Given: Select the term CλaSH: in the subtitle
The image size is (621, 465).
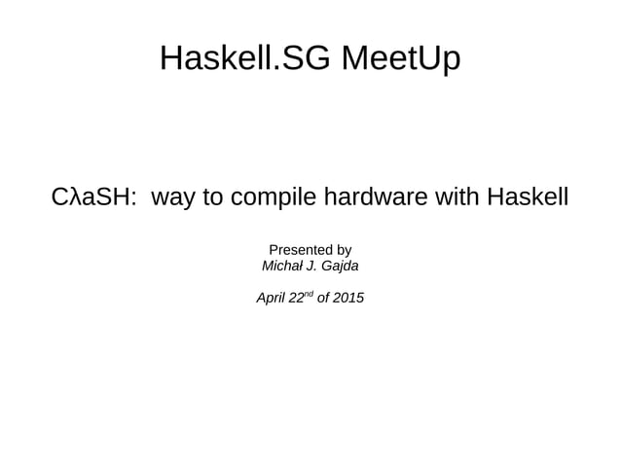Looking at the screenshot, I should (x=91, y=198).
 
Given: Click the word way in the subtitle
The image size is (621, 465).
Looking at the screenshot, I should (x=172, y=198).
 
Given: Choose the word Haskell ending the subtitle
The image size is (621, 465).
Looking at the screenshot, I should (x=527, y=198).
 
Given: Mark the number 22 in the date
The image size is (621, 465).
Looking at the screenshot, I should (x=296, y=298).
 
